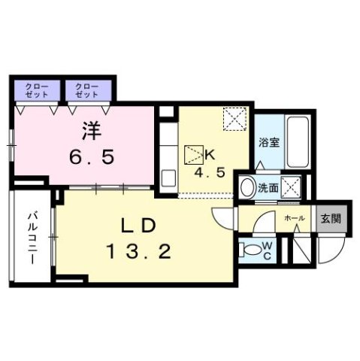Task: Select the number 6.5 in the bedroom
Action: (x=89, y=159)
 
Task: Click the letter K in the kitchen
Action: (x=211, y=155)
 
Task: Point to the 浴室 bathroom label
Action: (x=270, y=142)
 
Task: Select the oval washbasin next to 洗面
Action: (x=246, y=186)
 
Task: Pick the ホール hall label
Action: (x=294, y=217)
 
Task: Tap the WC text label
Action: (x=269, y=249)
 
